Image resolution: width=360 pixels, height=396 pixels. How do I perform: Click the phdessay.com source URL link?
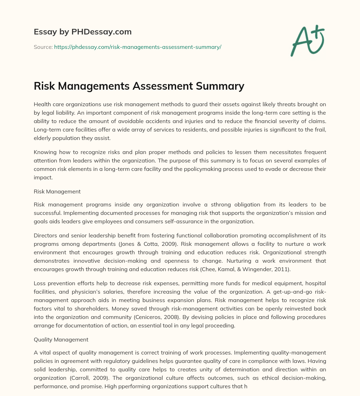(x=137, y=47)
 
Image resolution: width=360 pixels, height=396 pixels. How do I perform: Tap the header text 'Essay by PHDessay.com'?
(x=83, y=32)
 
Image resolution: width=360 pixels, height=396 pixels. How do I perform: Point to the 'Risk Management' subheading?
(x=57, y=192)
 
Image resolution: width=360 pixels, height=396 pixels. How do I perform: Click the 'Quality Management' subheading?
(x=61, y=340)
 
